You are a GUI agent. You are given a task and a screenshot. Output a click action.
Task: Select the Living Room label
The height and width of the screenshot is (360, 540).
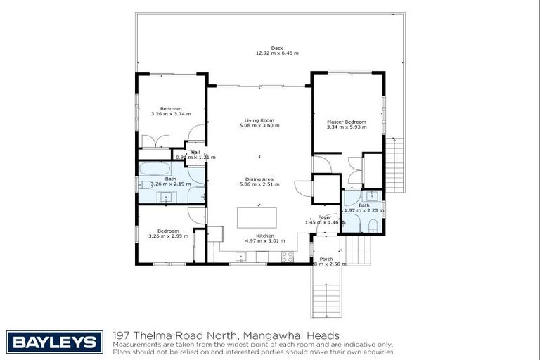pyautogui.click(x=259, y=120)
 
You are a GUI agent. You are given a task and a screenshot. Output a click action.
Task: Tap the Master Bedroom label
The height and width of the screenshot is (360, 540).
pyautogui.click(x=347, y=122)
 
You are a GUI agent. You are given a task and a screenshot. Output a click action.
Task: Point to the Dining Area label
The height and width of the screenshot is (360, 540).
pyautogui.click(x=259, y=179)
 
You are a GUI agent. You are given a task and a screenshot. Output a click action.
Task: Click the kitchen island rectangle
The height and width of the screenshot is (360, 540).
pyautogui.click(x=256, y=217)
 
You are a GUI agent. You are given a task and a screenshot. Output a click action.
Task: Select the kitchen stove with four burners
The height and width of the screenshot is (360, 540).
pyautogui.click(x=287, y=258)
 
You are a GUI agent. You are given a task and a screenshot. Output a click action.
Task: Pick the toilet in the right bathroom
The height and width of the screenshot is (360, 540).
pyautogui.click(x=373, y=225)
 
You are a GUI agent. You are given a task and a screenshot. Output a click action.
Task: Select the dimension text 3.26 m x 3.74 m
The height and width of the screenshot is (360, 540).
pyautogui.click(x=170, y=114)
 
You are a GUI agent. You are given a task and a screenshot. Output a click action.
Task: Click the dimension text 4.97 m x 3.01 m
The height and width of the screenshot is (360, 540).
pyautogui.click(x=265, y=240)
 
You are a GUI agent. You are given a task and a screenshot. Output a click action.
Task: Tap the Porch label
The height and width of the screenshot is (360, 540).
pyautogui.click(x=326, y=259)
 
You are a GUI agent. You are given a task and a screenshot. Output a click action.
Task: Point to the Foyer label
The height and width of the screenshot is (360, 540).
pyautogui.click(x=324, y=217)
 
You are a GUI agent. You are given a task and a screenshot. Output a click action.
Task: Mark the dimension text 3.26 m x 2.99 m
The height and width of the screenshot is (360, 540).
pyautogui.click(x=168, y=236)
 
